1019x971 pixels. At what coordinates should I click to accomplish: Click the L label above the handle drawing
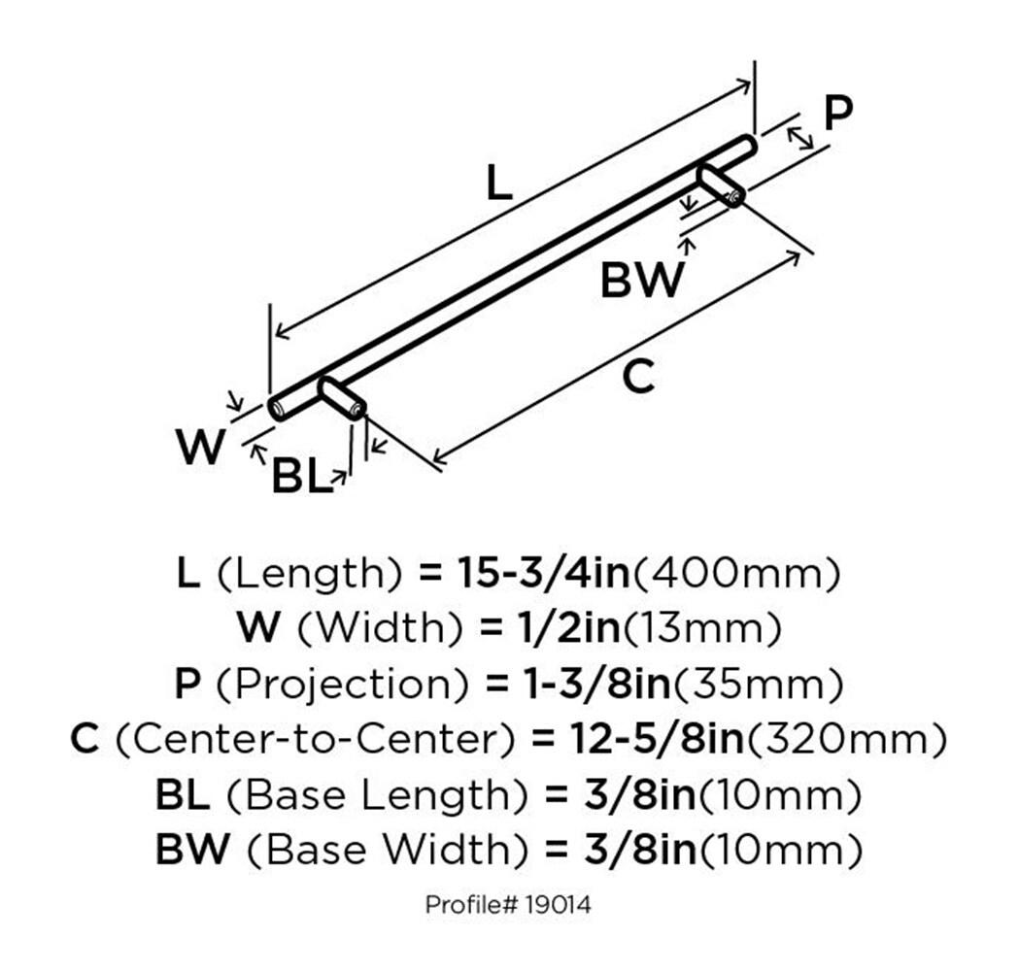pos(497,183)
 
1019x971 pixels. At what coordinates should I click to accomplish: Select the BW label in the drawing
pos(641,282)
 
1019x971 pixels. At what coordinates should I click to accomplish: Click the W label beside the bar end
pos(201,448)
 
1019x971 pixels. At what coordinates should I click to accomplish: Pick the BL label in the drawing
pos(301,478)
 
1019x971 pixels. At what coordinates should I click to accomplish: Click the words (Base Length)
pos(377,796)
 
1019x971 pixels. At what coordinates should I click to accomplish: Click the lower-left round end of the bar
pos(278,408)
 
